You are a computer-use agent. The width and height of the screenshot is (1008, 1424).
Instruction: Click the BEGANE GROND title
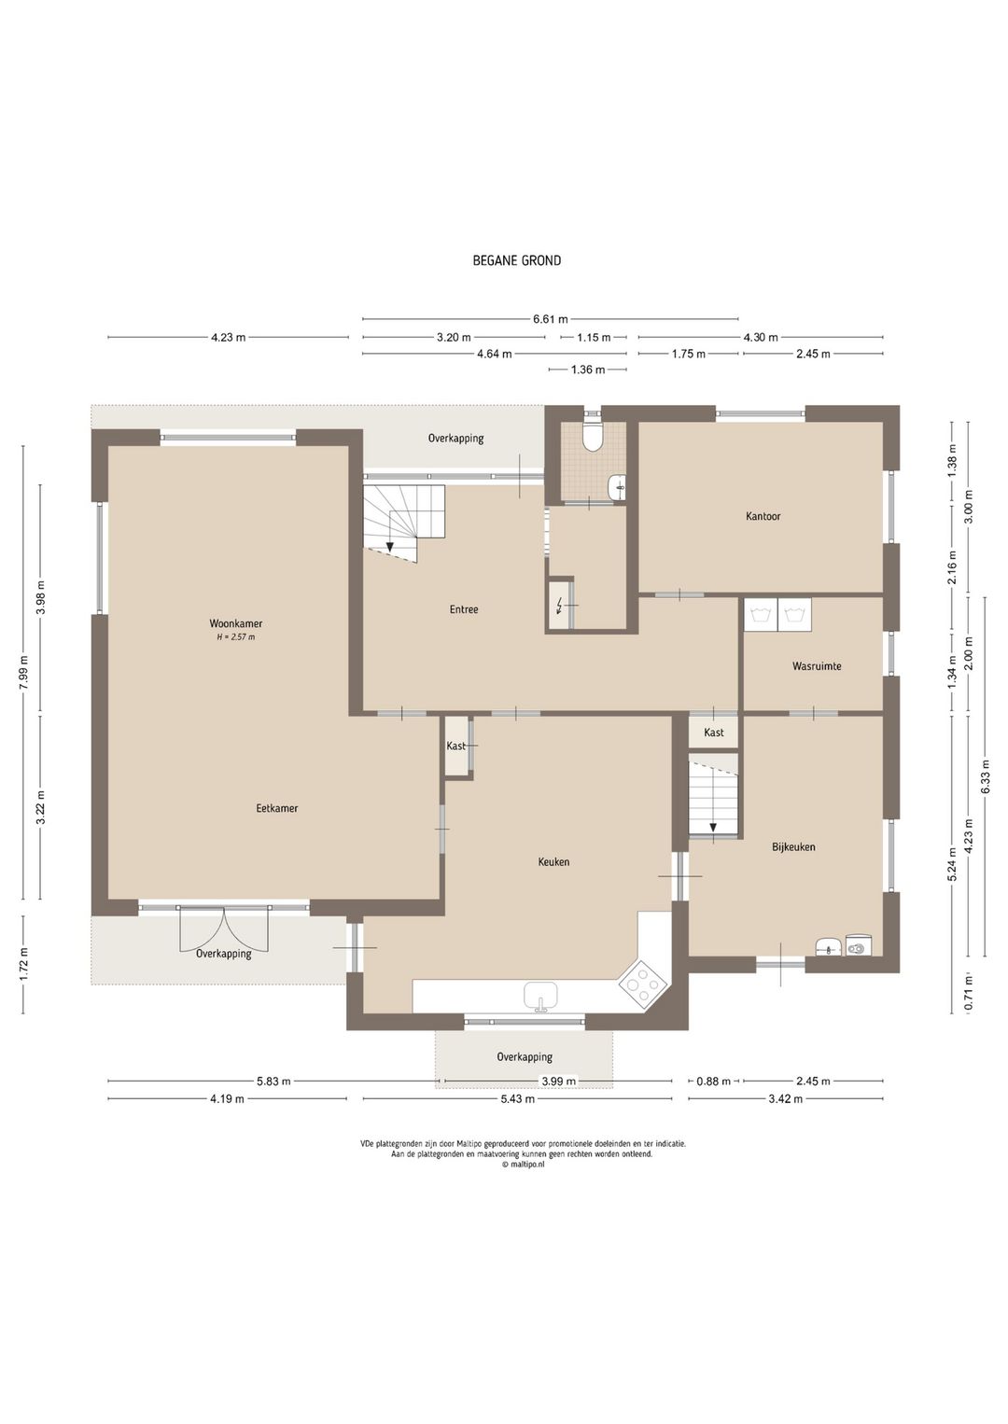(516, 260)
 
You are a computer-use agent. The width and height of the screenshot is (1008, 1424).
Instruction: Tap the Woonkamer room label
(236, 623)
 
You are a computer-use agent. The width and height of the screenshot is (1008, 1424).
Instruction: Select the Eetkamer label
(276, 809)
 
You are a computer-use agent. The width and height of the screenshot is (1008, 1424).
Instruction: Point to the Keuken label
(553, 862)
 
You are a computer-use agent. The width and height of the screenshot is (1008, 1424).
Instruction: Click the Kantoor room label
(763, 516)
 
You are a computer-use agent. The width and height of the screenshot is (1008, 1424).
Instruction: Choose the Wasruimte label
(817, 666)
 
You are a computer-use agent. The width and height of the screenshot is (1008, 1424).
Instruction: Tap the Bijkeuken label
(793, 846)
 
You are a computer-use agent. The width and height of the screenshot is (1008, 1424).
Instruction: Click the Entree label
(464, 609)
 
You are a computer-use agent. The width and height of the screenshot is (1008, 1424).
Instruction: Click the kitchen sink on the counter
(539, 996)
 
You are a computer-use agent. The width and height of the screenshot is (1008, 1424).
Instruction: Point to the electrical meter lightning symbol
(560, 606)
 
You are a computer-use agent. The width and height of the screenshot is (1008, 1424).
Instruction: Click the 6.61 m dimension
(551, 319)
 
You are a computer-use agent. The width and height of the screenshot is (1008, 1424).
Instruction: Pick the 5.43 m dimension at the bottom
(517, 1098)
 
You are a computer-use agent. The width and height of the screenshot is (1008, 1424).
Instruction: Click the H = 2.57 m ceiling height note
(236, 637)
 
